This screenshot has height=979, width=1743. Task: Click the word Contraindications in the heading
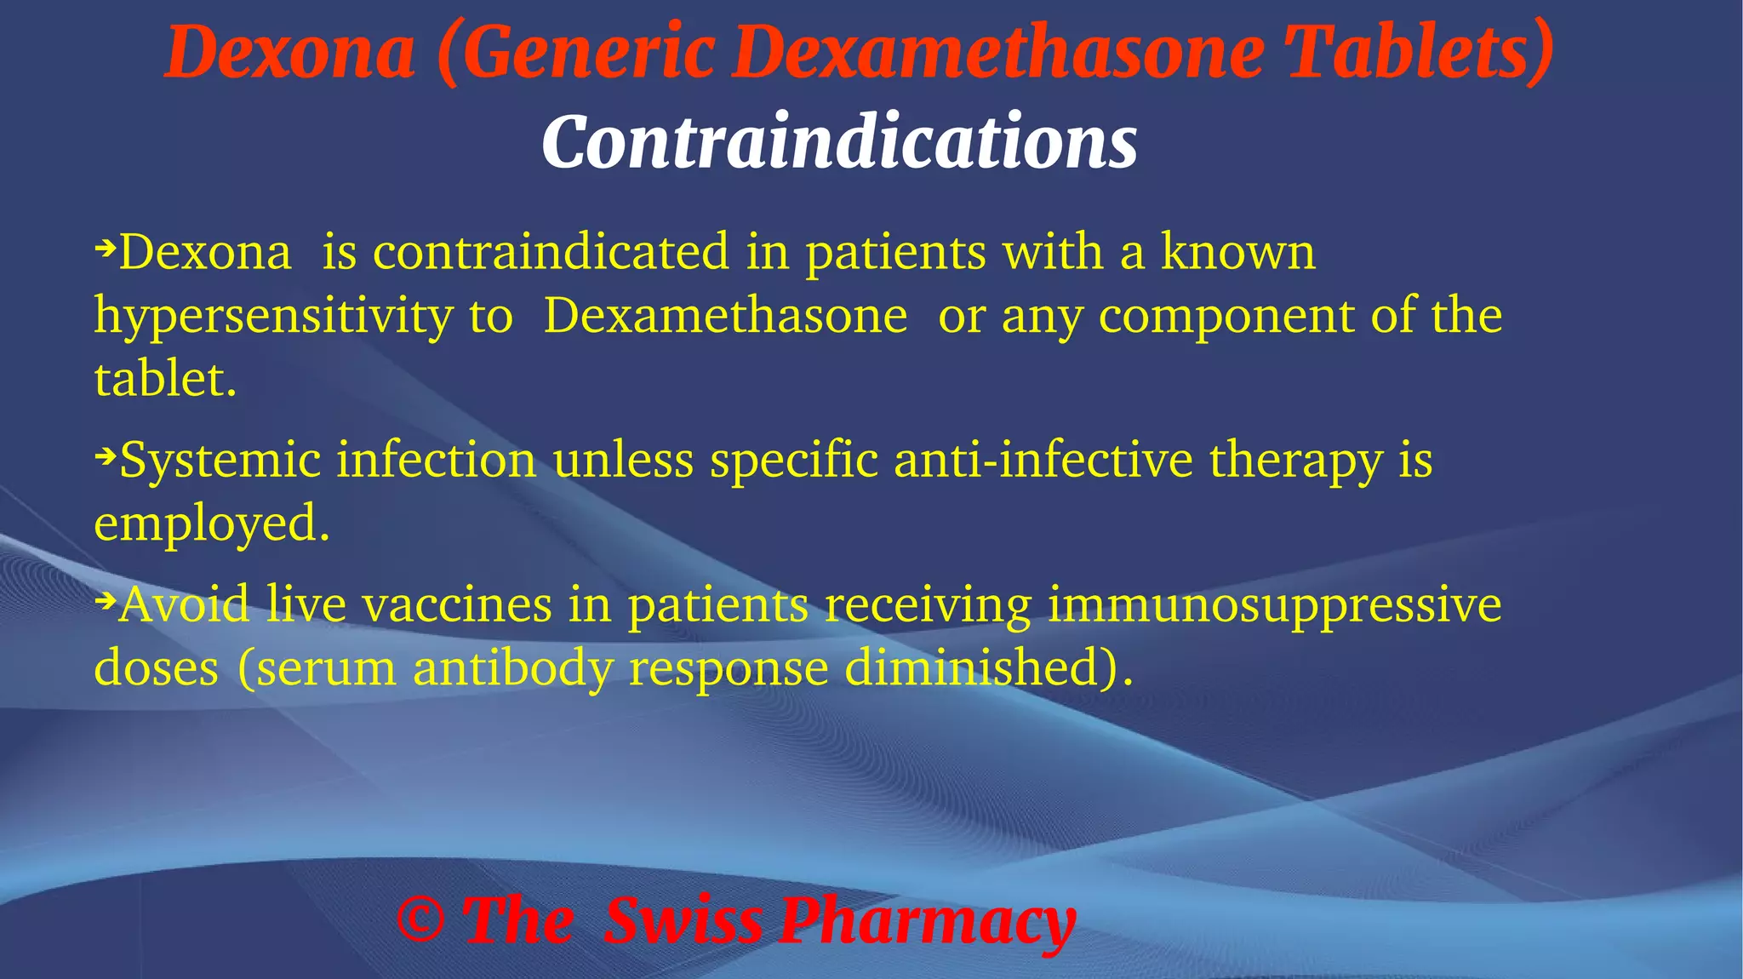pos(839,141)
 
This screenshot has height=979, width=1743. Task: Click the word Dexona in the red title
pos(289,53)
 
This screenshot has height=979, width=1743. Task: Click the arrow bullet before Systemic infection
pos(105,458)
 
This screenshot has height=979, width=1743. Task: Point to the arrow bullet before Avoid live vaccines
pos(105,602)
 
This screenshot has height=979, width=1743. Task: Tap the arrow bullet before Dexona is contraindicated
pos(105,249)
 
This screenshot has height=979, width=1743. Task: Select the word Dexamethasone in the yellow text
pos(725,317)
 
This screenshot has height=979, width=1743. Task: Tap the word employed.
pos(211,523)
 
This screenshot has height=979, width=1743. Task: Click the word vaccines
pos(457,605)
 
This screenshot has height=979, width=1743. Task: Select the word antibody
pos(512,668)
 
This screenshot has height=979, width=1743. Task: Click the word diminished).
pos(989,667)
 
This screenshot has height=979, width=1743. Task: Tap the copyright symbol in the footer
pos(420,921)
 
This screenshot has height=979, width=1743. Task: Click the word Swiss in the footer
pos(683,921)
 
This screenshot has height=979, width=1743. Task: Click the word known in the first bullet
pos(1238,253)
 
